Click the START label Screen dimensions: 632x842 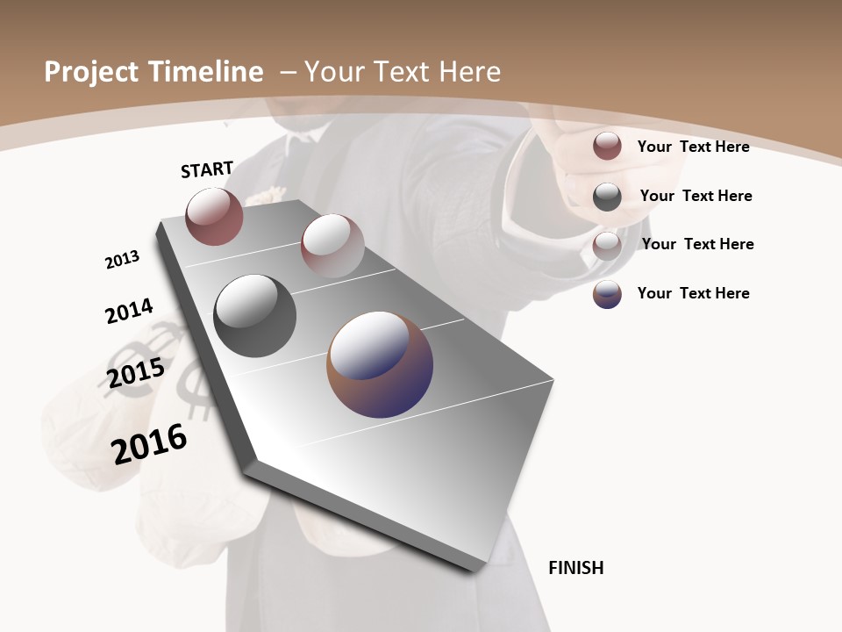click(207, 169)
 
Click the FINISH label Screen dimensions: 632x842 click(576, 568)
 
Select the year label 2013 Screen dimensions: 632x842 click(122, 260)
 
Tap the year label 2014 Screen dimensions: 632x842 click(129, 312)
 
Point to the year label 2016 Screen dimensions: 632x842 click(149, 443)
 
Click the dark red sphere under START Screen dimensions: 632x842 click(214, 216)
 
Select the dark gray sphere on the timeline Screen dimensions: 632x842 click(254, 316)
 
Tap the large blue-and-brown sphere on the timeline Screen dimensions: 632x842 click(380, 364)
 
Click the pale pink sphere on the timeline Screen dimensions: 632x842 click(332, 246)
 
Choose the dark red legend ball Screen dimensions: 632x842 click(607, 146)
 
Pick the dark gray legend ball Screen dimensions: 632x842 click(607, 196)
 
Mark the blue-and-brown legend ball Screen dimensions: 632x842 click(607, 294)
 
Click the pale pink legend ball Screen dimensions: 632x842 click(607, 245)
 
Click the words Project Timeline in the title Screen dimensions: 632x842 click(153, 72)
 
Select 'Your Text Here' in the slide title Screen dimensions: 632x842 click(402, 72)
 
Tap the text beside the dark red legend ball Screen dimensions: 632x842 click(693, 147)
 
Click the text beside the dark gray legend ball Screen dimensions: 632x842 click(696, 196)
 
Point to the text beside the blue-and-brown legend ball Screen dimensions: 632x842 click(693, 293)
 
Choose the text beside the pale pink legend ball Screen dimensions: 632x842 click(697, 244)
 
